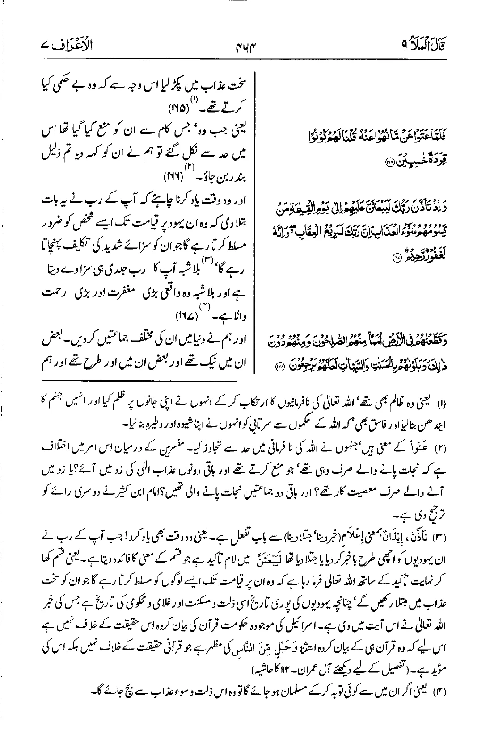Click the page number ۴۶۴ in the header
(x=245, y=45)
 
